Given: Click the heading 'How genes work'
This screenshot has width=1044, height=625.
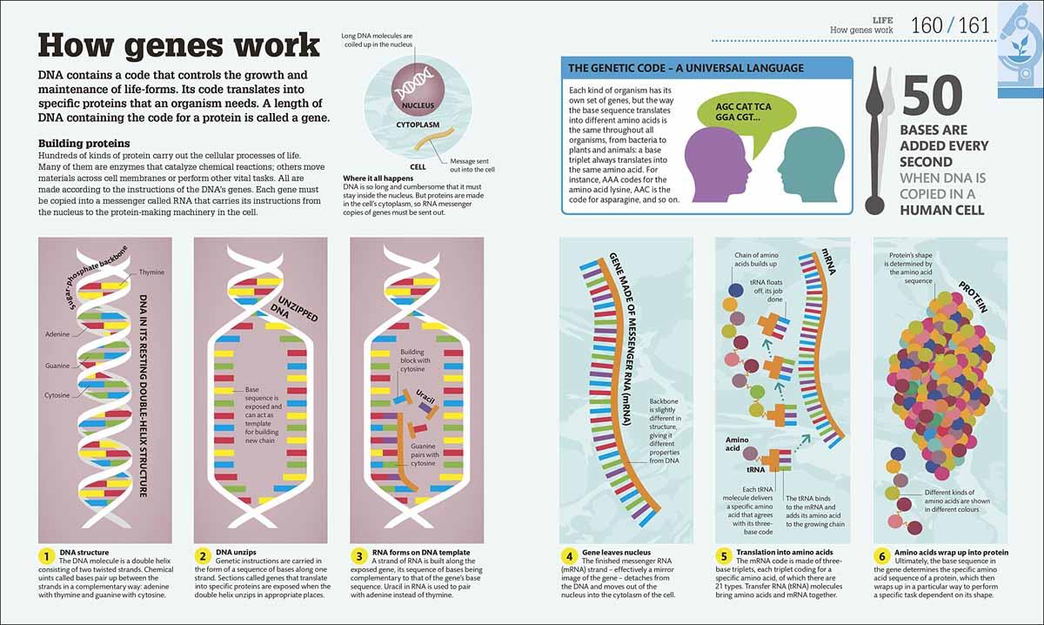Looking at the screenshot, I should click(179, 44).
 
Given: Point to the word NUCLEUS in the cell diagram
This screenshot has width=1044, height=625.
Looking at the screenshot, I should click(412, 106).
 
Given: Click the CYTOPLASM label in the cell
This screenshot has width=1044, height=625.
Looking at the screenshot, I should click(412, 124).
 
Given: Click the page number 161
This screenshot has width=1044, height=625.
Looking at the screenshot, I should click(974, 25).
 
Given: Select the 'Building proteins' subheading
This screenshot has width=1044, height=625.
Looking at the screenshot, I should click(84, 143).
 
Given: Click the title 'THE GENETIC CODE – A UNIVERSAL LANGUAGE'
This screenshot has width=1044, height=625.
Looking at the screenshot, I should click(686, 68).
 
